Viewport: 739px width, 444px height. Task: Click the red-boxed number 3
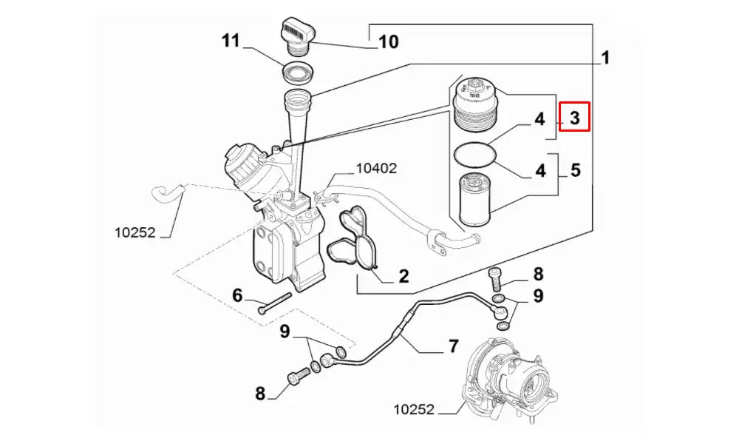[x=574, y=117]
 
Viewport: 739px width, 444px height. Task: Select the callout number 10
[x=388, y=41]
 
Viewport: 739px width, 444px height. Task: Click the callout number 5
[x=575, y=170]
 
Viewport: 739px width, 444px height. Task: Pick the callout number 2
[x=403, y=276]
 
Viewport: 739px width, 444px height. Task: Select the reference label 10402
[x=376, y=168]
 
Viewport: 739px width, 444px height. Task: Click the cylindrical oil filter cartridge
[x=476, y=198]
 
